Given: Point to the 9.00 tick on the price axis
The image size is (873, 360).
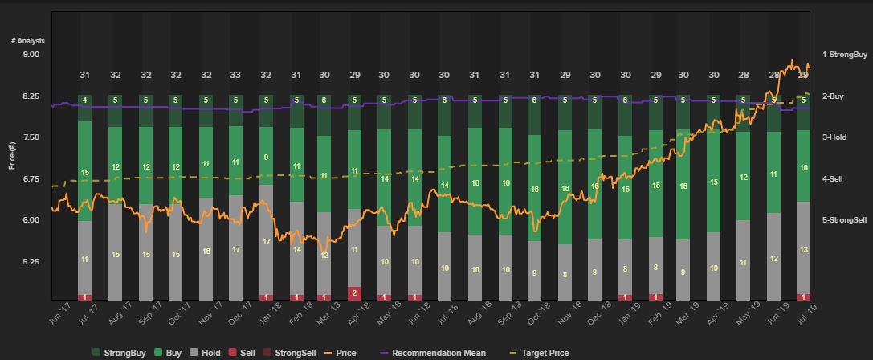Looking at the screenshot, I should (30, 55).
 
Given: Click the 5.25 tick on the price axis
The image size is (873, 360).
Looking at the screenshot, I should (30, 262).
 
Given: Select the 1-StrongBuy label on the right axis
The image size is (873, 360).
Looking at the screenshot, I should (845, 55).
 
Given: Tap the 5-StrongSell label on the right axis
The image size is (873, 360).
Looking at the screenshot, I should (844, 220).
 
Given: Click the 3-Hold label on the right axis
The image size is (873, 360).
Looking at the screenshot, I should (834, 137).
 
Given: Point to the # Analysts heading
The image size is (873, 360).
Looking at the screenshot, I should (28, 40).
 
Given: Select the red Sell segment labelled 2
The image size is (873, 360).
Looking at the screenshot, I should (354, 293).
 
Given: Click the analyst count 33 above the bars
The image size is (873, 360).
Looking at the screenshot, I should (235, 75).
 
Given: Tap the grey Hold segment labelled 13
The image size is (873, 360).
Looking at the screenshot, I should (802, 250).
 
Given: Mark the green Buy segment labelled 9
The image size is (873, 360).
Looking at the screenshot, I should (266, 157).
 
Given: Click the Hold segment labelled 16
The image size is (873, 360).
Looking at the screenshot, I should (206, 251).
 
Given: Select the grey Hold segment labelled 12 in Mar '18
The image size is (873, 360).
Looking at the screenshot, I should (324, 256).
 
